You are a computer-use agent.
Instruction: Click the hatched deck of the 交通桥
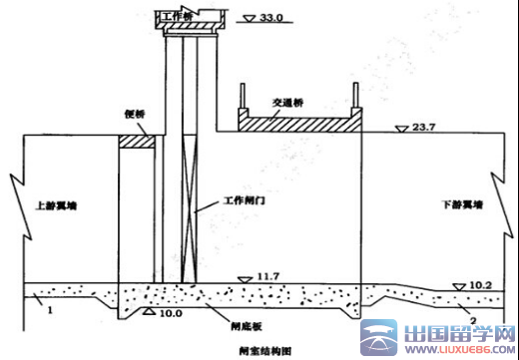point(296,125)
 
